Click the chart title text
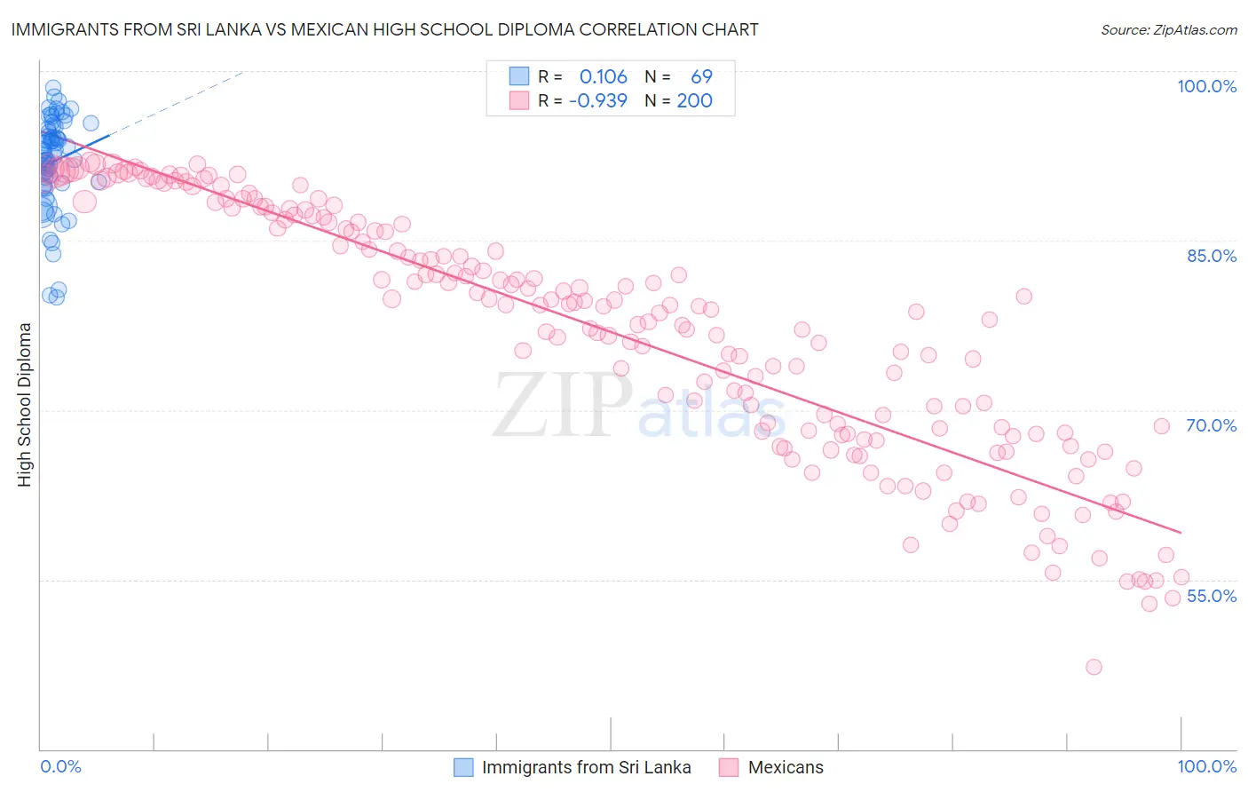(x=384, y=29)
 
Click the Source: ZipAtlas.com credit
(x=1168, y=29)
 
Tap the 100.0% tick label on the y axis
(x=1206, y=86)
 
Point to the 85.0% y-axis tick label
(x=1212, y=256)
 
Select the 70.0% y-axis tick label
(x=1212, y=425)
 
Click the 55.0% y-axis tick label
(x=1212, y=596)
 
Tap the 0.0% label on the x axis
(x=60, y=766)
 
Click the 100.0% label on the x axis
(x=1206, y=766)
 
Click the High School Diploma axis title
(x=25, y=404)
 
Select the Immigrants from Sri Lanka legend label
(x=586, y=767)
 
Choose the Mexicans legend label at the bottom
(x=786, y=767)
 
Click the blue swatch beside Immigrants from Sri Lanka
(x=463, y=767)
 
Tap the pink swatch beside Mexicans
(x=729, y=767)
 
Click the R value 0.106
(x=603, y=77)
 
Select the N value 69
(x=701, y=77)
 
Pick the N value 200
(x=694, y=100)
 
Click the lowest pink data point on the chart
(x=1094, y=667)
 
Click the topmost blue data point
(x=53, y=88)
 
